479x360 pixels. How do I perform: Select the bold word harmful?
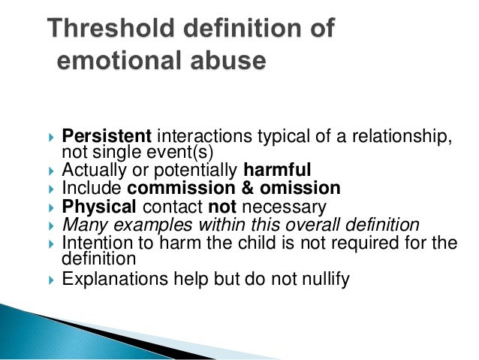(288, 168)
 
